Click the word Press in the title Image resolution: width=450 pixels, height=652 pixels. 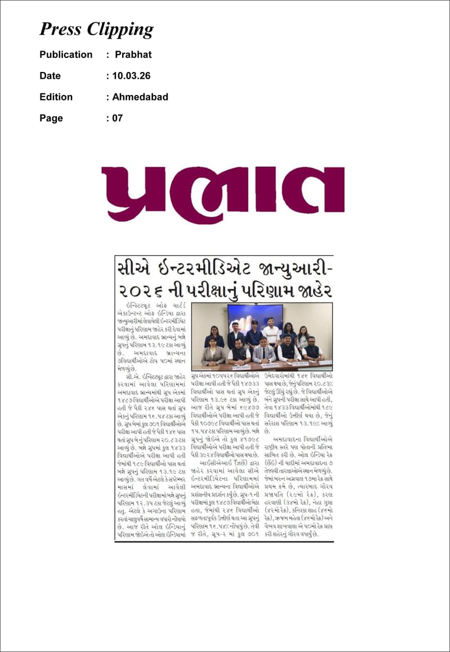click(x=61, y=29)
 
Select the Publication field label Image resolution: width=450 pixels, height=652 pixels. click(x=66, y=55)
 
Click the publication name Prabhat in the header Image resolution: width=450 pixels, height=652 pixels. click(x=133, y=55)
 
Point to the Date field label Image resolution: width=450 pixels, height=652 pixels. click(x=50, y=76)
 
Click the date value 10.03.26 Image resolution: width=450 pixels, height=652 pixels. click(x=132, y=76)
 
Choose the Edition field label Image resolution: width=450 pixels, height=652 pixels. click(x=56, y=97)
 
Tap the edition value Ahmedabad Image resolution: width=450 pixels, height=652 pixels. click(x=140, y=97)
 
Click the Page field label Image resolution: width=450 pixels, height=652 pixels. click(x=51, y=118)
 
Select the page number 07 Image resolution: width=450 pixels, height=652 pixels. click(x=116, y=118)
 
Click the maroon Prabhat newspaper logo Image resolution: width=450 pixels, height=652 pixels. click(x=223, y=194)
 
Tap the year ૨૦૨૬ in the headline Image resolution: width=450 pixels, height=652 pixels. click(x=139, y=291)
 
